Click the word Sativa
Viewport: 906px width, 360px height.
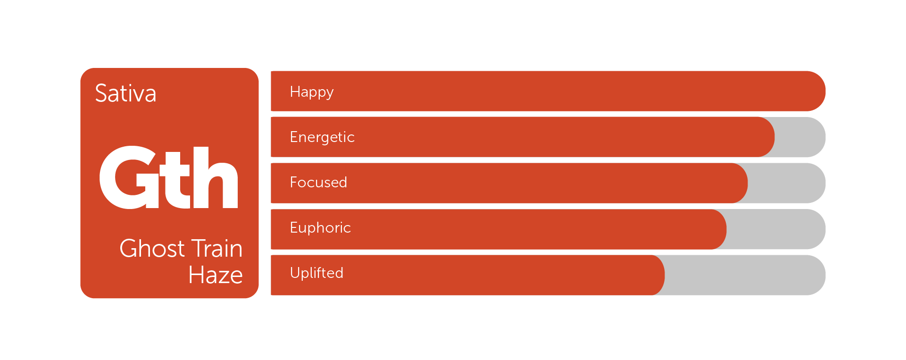pyautogui.click(x=125, y=93)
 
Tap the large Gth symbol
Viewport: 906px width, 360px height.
pyautogui.click(x=168, y=177)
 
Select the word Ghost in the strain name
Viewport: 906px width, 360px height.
pyautogui.click(x=152, y=248)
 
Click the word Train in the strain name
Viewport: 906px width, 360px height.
pyautogui.click(x=216, y=248)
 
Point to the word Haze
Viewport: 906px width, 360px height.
pyautogui.click(x=216, y=275)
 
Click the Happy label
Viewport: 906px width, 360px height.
pyautogui.click(x=312, y=92)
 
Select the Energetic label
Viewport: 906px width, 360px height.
pyautogui.click(x=322, y=137)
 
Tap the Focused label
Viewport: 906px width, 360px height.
pyautogui.click(x=318, y=182)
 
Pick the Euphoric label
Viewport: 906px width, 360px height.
pyautogui.click(x=320, y=227)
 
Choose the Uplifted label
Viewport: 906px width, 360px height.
pyautogui.click(x=316, y=273)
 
